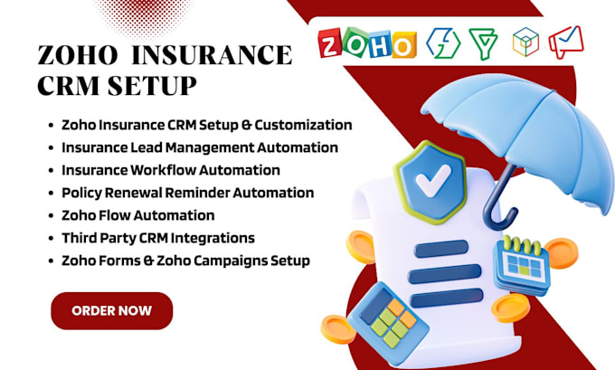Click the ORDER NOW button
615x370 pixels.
pos(112,311)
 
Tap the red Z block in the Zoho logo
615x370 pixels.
pos(329,43)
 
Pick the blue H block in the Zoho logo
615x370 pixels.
pos(379,44)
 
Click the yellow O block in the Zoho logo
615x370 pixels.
pos(403,45)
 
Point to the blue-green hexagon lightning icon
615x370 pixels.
pos(443,43)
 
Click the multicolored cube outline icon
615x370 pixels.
pos(525,42)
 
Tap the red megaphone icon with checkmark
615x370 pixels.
pos(566,42)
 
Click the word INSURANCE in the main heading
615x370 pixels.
pos(212,55)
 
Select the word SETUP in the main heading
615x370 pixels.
pos(152,86)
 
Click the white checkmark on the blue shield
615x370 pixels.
pos(433,180)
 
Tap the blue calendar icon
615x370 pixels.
pos(521,264)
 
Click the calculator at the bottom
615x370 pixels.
pos(388,323)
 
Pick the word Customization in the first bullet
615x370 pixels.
pos(303,125)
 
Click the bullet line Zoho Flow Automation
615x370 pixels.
pos(138,215)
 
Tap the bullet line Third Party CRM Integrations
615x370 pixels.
pos(158,238)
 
